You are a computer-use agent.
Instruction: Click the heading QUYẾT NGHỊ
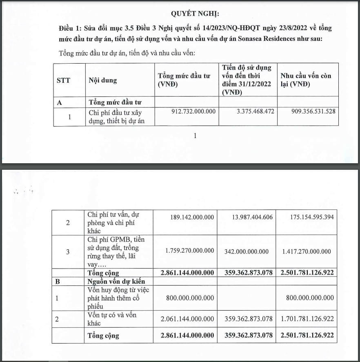(x=195, y=13)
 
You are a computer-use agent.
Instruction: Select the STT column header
(x=63, y=80)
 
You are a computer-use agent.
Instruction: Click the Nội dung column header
(x=102, y=80)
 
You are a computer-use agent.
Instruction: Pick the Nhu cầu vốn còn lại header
(x=306, y=80)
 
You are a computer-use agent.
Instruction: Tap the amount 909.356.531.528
(x=309, y=111)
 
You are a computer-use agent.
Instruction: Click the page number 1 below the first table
(x=195, y=136)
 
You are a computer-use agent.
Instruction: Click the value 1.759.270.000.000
(x=189, y=251)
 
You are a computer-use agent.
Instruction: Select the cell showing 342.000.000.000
(x=247, y=251)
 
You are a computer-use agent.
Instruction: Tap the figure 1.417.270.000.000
(x=306, y=251)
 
